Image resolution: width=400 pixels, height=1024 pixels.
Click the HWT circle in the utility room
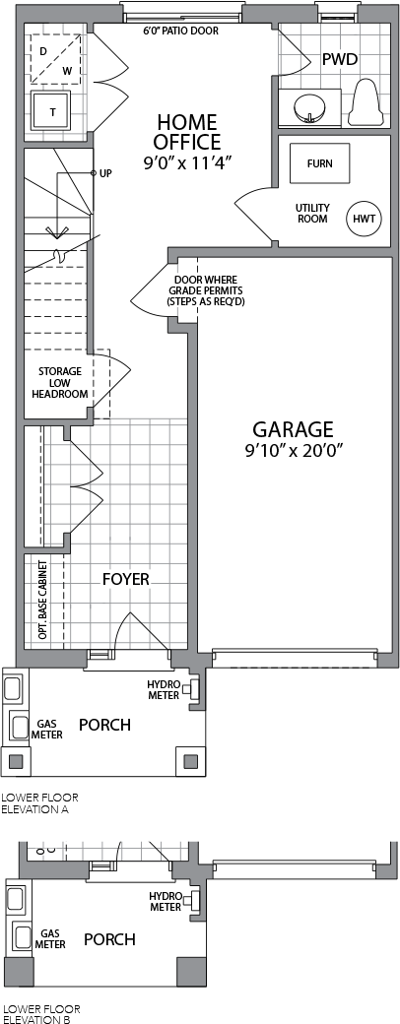tap(365, 219)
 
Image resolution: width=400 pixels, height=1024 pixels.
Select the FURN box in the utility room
tap(319, 163)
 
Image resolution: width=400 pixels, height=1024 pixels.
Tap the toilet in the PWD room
tap(367, 102)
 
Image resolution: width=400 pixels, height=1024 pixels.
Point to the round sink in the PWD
tap(308, 107)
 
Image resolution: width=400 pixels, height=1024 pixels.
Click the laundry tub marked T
tap(53, 112)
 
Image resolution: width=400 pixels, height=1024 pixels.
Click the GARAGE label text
tap(293, 429)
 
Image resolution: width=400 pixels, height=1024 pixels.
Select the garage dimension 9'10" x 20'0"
tap(293, 450)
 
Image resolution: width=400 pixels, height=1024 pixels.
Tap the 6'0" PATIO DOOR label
tap(180, 31)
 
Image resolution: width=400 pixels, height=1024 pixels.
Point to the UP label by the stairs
tap(105, 173)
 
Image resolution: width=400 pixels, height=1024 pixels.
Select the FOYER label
tap(125, 579)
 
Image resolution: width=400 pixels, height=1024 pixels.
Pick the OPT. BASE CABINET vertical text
tap(42, 600)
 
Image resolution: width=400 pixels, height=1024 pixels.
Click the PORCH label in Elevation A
tap(104, 725)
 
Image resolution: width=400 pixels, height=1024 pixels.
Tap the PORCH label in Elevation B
tap(109, 939)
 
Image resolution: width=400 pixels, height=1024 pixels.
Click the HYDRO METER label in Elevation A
tap(164, 689)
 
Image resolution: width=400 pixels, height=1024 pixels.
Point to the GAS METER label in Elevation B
tap(50, 939)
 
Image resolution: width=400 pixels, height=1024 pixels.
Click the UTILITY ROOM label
tap(313, 214)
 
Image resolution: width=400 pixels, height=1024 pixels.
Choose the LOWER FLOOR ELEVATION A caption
tap(39, 803)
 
